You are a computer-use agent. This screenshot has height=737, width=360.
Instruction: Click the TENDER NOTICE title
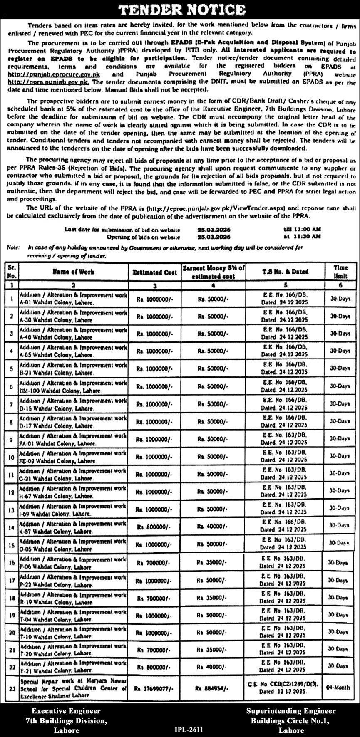[x=180, y=9]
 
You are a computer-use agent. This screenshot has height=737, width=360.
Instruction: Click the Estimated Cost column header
[x=155, y=272]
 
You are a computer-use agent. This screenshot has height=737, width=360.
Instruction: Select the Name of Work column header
[x=73, y=272]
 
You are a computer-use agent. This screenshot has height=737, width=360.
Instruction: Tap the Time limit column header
[x=340, y=272]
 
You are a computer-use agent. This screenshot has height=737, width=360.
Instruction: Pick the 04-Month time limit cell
[x=339, y=688]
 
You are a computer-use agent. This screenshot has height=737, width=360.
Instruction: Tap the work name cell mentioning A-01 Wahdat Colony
[x=73, y=299]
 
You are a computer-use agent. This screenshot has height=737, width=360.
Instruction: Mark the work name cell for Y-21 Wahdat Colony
[x=73, y=667]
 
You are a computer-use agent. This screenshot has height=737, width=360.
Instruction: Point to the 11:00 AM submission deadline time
[x=308, y=230]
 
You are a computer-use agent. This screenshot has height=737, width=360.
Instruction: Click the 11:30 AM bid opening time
[x=308, y=237]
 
